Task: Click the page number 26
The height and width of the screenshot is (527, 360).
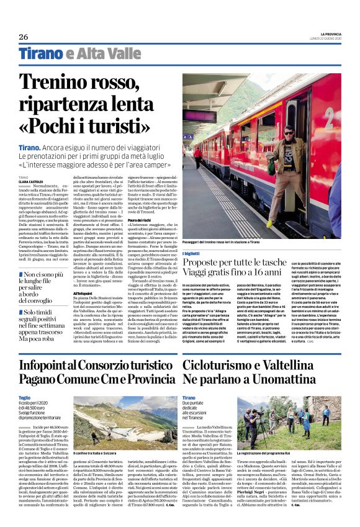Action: click(x=24, y=37)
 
